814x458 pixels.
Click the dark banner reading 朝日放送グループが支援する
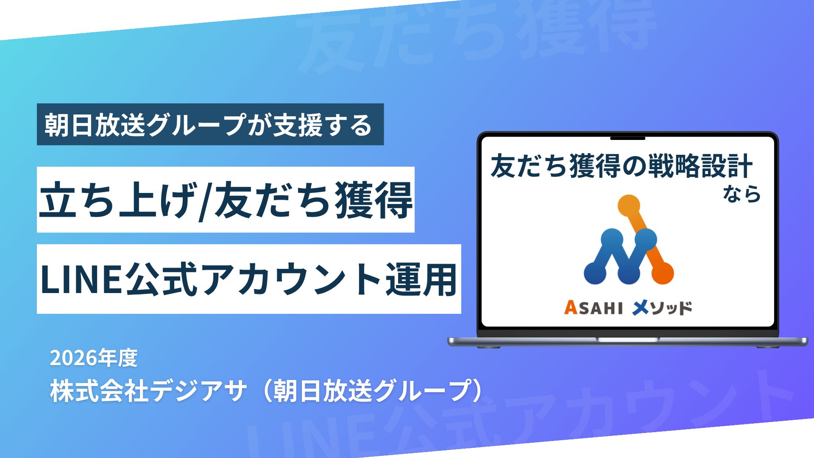pyautogui.click(x=210, y=124)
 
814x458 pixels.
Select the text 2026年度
pyautogui.click(x=94, y=358)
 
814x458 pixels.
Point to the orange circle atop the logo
pyautogui.click(x=629, y=206)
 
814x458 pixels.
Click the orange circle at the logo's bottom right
pyautogui.click(x=662, y=273)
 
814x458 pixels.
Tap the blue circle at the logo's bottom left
pyautogui.click(x=595, y=273)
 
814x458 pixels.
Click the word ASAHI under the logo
pyautogui.click(x=593, y=307)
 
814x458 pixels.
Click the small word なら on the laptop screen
pyautogui.click(x=742, y=194)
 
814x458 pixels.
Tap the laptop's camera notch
pyautogui.click(x=627, y=138)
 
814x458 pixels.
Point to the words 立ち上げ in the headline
pyautogui.click(x=118, y=200)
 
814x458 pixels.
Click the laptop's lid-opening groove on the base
pyautogui.click(x=627, y=339)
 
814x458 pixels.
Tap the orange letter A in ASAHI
pyautogui.click(x=571, y=307)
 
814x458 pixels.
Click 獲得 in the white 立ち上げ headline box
pyautogui.click(x=374, y=200)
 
